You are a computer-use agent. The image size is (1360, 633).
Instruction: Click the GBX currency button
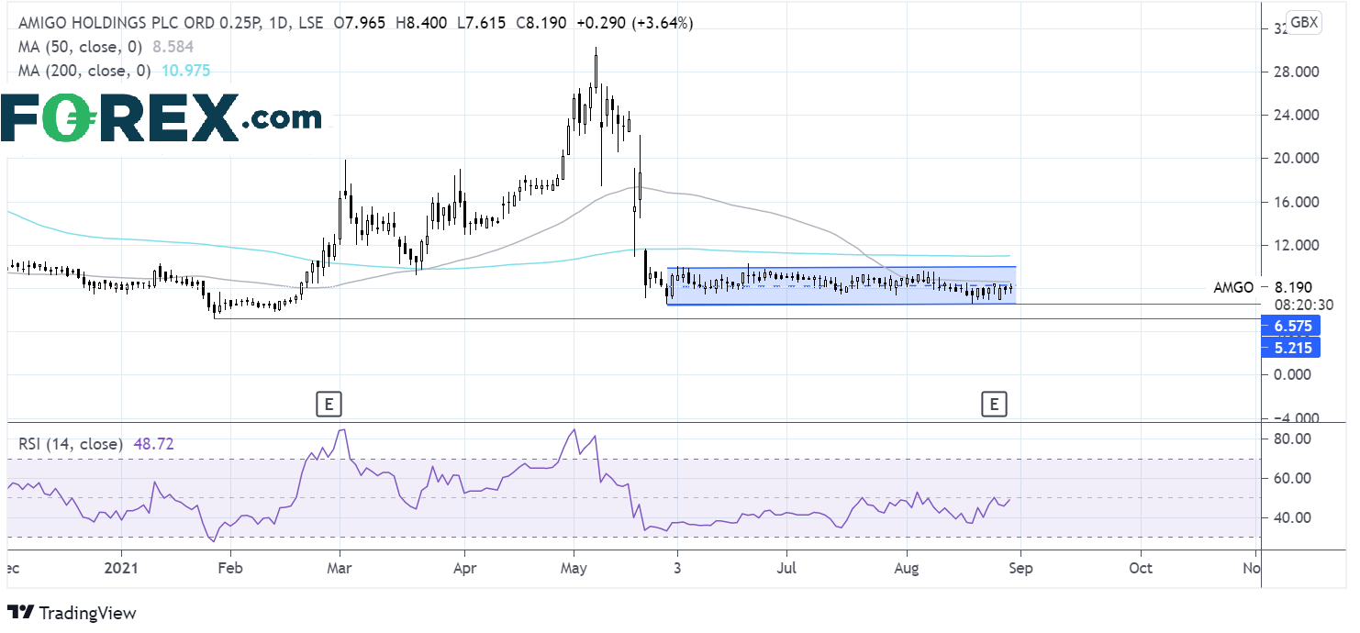1303,23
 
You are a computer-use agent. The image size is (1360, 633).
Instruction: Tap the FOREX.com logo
161,118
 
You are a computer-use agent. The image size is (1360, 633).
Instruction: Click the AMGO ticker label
1232,287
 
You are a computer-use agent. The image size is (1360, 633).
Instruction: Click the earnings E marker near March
328,402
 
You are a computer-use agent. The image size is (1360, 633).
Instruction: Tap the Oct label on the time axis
1141,568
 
